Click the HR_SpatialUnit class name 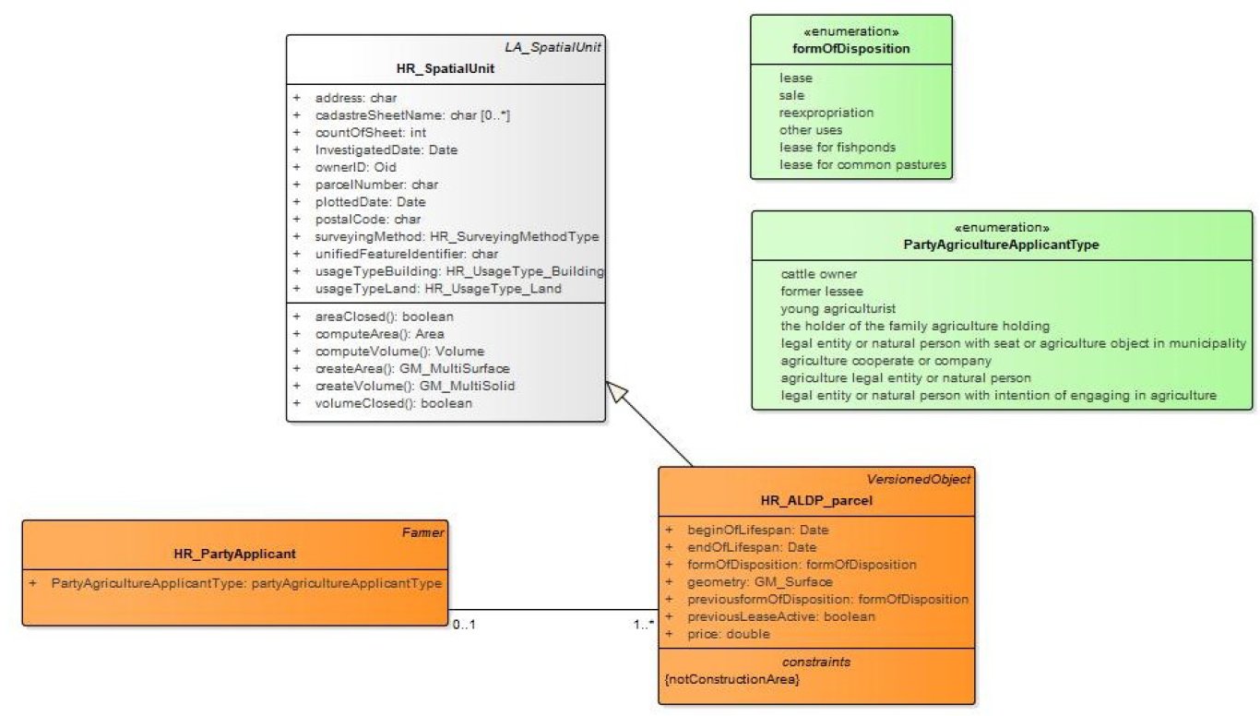point(446,69)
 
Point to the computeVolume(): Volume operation point(399,351)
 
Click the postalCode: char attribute point(367,220)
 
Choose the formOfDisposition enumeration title point(851,49)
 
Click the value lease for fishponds point(838,148)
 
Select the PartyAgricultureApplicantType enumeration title point(1002,245)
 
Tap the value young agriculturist point(838,308)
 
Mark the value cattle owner point(819,274)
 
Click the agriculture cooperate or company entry point(886,361)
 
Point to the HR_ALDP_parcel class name point(817,500)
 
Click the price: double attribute point(729,634)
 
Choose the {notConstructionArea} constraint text point(732,679)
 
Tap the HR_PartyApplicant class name point(234,554)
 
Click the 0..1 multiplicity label point(463,625)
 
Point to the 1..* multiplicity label point(643,625)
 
